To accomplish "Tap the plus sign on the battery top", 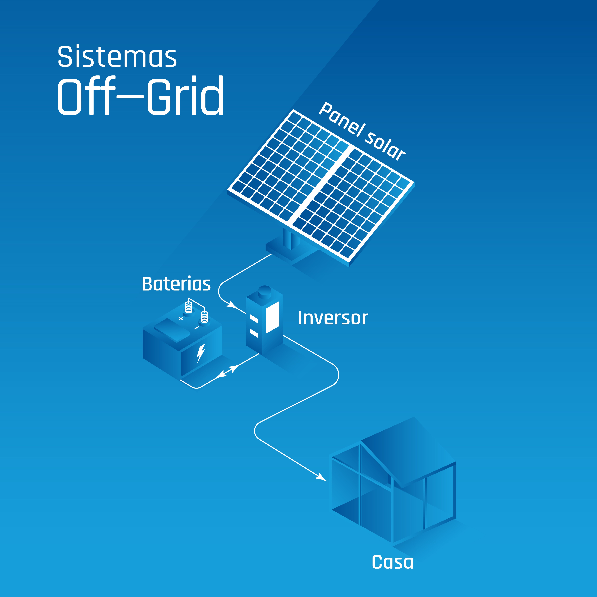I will click(181, 318).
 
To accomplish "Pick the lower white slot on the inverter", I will click(254, 333).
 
